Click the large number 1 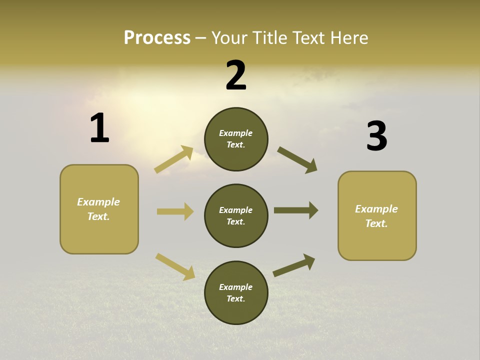coord(99,128)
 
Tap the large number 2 coord(236,75)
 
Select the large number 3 coord(376,136)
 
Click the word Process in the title coord(157,37)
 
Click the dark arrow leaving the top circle coord(297,160)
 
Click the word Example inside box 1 coord(98,202)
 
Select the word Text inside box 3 coord(376,223)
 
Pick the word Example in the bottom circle coord(235,287)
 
